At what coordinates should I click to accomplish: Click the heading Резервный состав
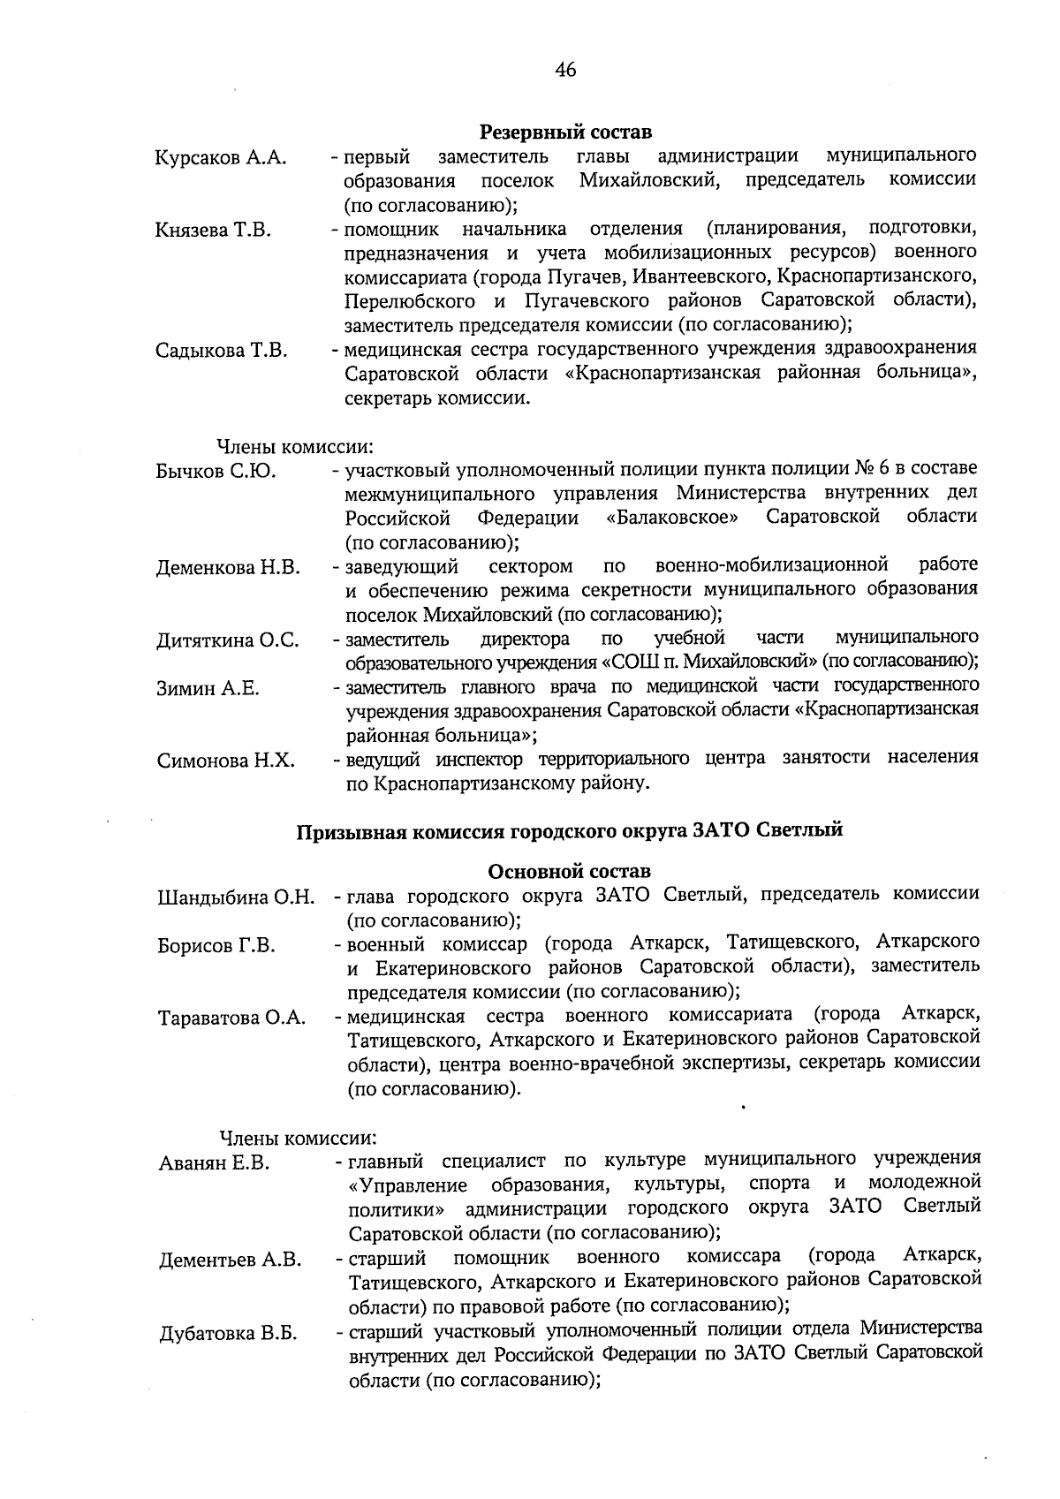click(x=565, y=132)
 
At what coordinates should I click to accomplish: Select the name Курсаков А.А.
click(x=221, y=159)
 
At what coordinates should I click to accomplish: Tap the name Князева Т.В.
click(x=213, y=231)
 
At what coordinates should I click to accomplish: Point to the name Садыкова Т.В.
click(x=221, y=352)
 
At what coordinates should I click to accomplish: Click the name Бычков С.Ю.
click(x=216, y=472)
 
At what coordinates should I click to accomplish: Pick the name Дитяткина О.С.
click(x=228, y=640)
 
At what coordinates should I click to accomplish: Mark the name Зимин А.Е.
click(x=208, y=689)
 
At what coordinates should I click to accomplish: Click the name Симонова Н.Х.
click(x=225, y=761)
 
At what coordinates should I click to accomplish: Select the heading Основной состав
click(x=569, y=873)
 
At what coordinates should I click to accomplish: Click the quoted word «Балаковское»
click(x=673, y=517)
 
